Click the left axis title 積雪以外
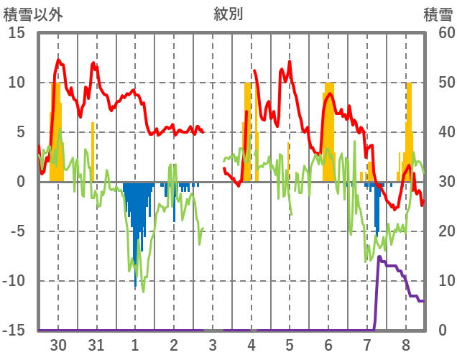(28, 14)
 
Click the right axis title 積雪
(438, 14)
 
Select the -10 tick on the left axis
(15, 281)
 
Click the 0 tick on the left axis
(22, 182)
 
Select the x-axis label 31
(96, 343)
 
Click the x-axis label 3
(213, 343)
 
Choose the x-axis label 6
(328, 343)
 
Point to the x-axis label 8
(406, 343)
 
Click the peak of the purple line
(379, 257)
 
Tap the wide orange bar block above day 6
(328, 133)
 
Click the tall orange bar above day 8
(409, 129)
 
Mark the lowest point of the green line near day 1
(143, 291)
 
